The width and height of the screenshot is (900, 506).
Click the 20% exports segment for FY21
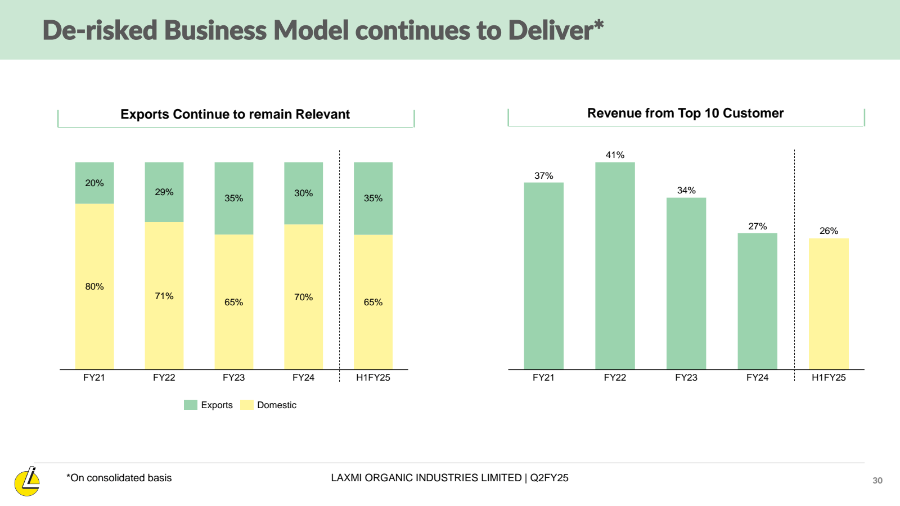pos(94,183)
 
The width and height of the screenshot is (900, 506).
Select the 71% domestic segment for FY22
pos(164,296)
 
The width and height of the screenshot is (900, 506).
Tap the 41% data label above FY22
pos(615,155)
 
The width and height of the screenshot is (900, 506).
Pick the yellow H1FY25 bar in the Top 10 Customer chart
pos(829,304)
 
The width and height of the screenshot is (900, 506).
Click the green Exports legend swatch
pos(191,405)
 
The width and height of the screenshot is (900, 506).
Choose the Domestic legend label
pos(276,405)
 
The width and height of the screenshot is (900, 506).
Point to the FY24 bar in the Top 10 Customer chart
pos(757,301)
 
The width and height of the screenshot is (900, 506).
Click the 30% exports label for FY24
pos(303,193)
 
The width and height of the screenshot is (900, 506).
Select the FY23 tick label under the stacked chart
pos(233,377)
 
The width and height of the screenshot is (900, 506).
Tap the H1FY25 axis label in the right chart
pos(829,377)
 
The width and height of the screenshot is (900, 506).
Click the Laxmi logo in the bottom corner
pos(27,482)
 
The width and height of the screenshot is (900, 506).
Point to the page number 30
pos(877,480)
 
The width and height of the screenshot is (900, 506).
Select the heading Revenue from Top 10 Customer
pos(685,113)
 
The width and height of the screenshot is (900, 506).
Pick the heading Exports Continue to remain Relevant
pos(235,114)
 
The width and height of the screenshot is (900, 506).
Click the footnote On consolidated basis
pos(119,478)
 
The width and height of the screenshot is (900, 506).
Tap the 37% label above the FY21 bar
pos(543,175)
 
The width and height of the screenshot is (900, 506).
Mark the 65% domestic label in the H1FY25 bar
pos(373,302)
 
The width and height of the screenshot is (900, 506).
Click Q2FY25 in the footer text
pos(549,478)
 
